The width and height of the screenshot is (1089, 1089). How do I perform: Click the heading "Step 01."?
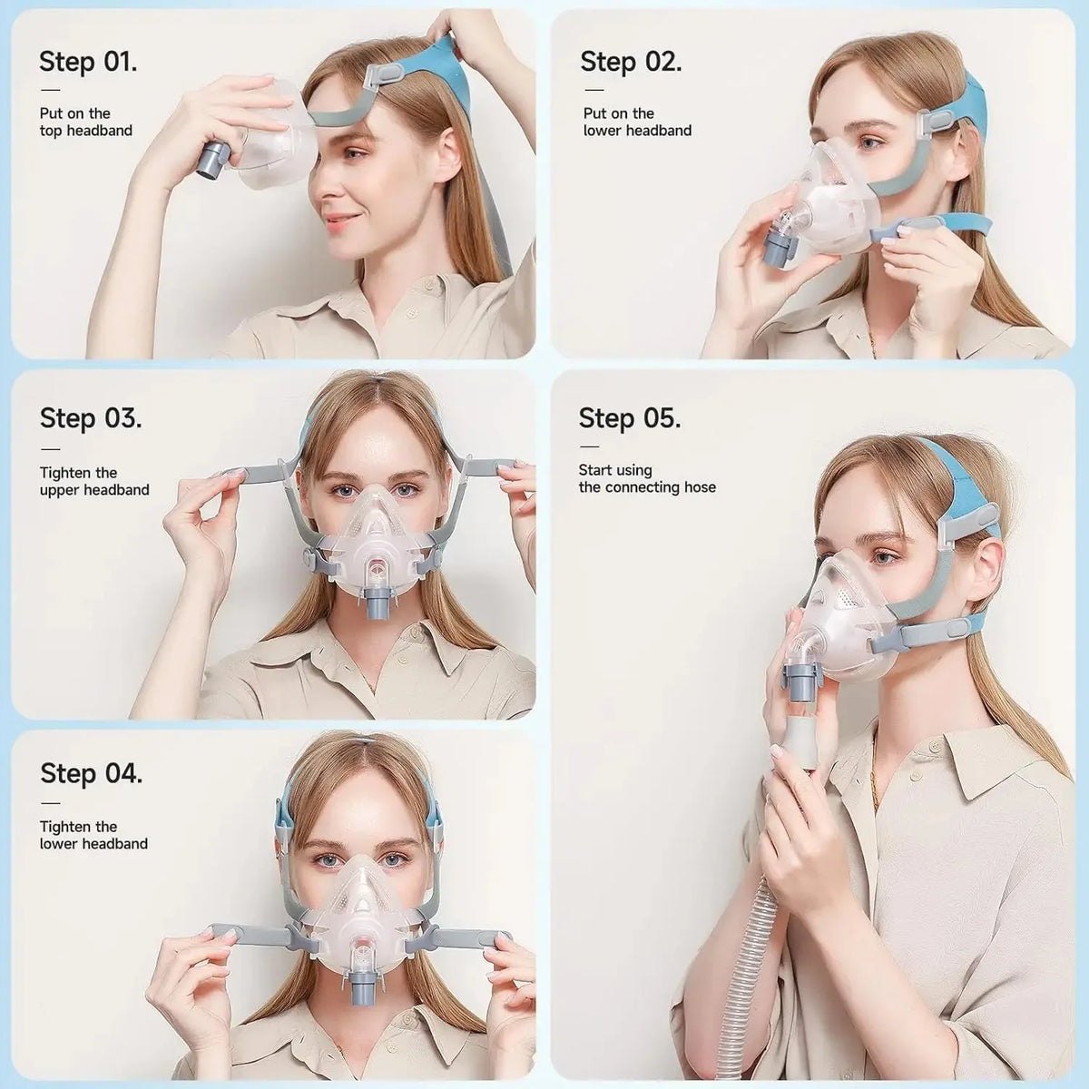point(88,62)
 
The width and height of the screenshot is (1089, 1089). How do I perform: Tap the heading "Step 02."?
point(631,62)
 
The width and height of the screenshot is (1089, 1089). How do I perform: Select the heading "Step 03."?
point(91,418)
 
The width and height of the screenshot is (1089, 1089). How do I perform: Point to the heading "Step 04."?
point(91,774)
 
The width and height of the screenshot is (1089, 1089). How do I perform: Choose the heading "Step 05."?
point(630,418)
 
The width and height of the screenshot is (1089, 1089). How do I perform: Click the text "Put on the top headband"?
point(85,122)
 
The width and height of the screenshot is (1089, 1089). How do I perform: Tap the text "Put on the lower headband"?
point(637,122)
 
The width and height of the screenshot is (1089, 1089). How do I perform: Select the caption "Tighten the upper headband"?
point(94,481)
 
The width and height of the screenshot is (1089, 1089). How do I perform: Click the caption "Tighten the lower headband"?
point(93,835)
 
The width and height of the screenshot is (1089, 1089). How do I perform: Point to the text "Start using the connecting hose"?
point(647,478)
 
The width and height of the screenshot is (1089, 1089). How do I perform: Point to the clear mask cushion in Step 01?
point(263,136)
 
